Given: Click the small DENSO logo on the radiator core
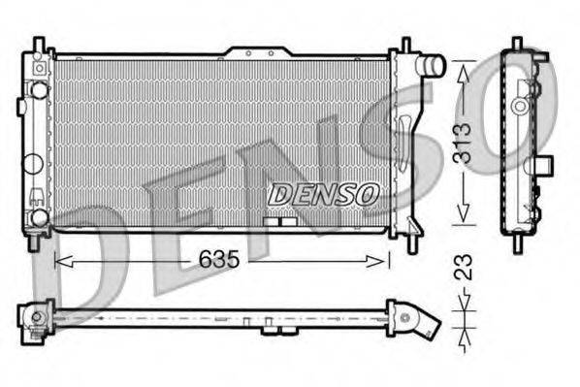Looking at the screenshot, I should click(322, 193).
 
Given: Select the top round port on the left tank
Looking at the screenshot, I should click(38, 90).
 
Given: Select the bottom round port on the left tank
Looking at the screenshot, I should click(38, 217).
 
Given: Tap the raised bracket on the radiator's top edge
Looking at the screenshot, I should click(258, 49).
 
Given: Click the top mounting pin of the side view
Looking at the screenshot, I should click(518, 44).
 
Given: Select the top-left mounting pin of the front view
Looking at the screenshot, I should click(38, 45).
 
